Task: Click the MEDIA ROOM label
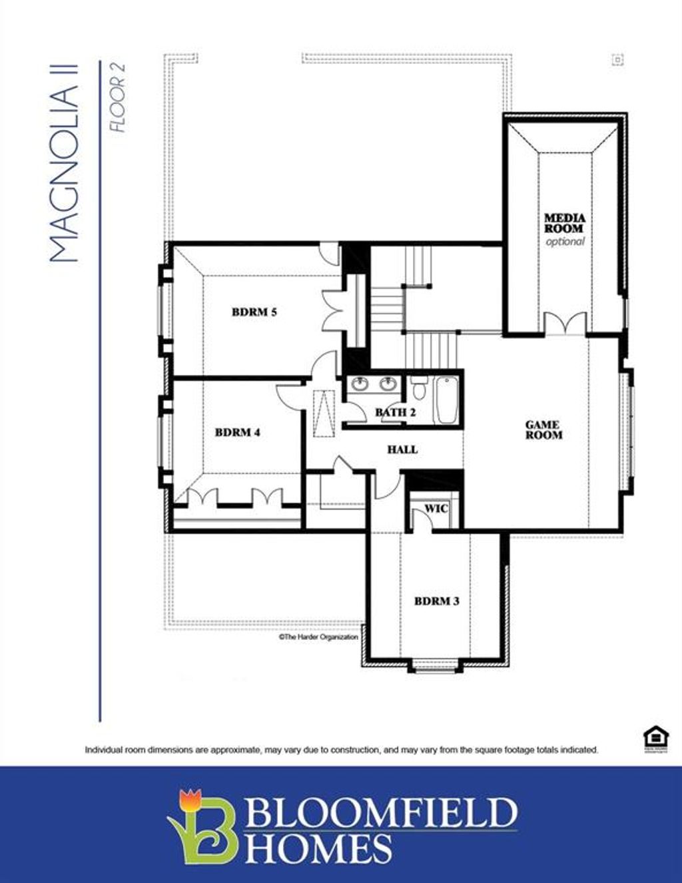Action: click(x=565, y=223)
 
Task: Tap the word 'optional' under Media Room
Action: click(x=565, y=242)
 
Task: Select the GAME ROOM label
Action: click(x=543, y=430)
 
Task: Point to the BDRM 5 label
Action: click(x=254, y=312)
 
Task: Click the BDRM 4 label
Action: click(x=237, y=432)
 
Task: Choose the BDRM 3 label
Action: click(x=436, y=601)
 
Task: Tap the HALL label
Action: click(x=402, y=449)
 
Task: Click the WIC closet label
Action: click(x=436, y=508)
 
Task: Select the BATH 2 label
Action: click(x=395, y=412)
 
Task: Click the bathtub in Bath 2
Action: click(x=446, y=400)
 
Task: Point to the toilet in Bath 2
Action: click(x=418, y=388)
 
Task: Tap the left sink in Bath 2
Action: click(x=360, y=384)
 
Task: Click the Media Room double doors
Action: click(x=565, y=323)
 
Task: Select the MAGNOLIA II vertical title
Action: click(x=65, y=162)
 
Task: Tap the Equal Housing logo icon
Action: click(x=652, y=738)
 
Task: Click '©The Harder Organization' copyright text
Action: click(x=318, y=637)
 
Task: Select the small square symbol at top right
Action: click(x=617, y=60)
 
